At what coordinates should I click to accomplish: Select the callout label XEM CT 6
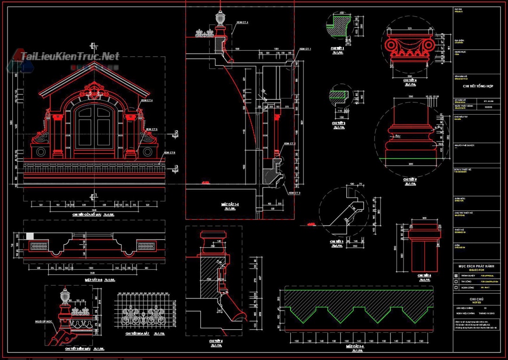(169, 152)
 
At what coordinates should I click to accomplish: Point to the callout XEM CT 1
(305, 49)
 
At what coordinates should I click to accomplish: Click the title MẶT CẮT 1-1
(230, 204)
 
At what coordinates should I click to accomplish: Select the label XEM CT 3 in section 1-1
(294, 193)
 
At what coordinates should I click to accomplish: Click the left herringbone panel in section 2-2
(40, 245)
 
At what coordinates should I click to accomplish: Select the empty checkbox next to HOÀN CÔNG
(456, 288)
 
